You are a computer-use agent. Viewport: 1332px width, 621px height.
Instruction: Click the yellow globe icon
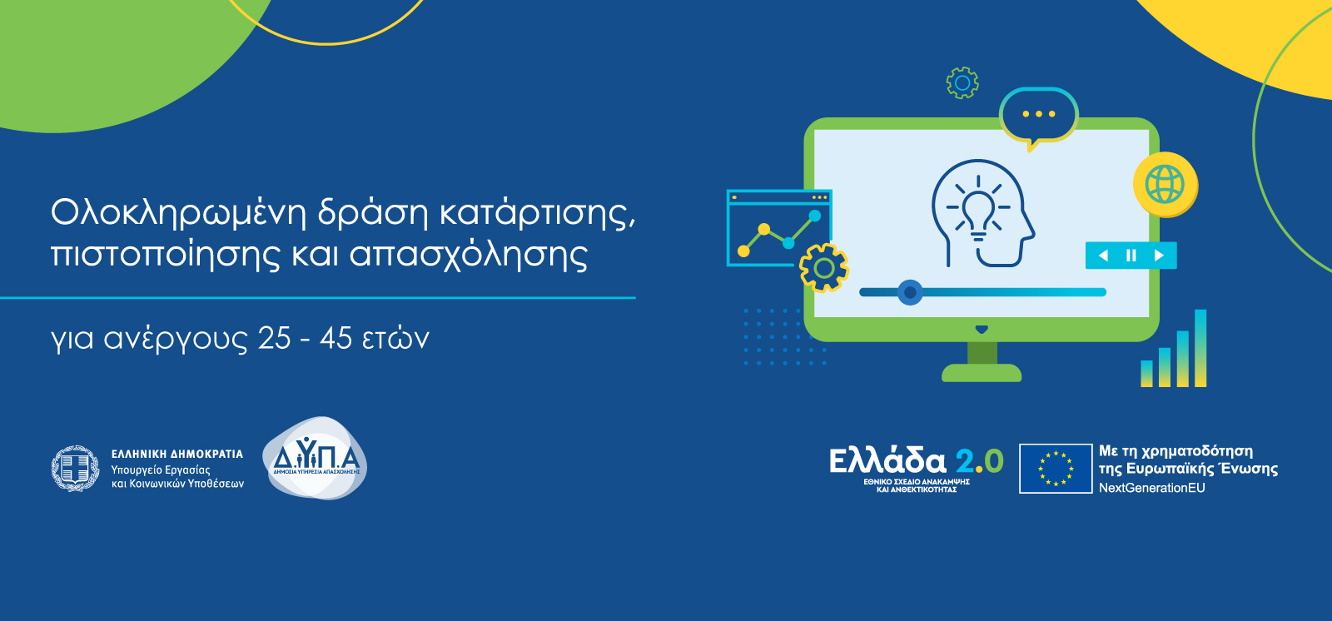[x=1165, y=185]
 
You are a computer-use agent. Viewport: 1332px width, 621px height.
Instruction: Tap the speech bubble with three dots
[x=1039, y=116]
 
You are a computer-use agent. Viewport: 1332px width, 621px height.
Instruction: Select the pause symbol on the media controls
[x=1131, y=256]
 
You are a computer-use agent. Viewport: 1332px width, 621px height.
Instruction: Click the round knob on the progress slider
[x=910, y=292]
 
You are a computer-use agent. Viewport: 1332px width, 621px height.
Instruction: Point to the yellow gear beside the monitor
[x=823, y=268]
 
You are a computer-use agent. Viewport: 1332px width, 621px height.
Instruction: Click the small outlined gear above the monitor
[x=962, y=82]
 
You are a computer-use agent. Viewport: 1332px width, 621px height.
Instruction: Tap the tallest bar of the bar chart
[x=1200, y=348]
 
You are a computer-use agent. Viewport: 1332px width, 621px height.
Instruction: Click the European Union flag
[x=1056, y=468]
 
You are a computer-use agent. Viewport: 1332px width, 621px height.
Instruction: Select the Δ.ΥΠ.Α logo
[x=315, y=458]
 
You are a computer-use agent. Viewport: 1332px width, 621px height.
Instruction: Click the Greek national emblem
[x=75, y=468]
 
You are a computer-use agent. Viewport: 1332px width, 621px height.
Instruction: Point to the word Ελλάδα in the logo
[x=887, y=460]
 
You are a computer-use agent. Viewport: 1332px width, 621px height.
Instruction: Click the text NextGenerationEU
[x=1152, y=488]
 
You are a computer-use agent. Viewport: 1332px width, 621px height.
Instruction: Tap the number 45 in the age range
[x=336, y=339]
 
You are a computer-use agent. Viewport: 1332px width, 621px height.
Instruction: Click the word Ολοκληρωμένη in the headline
[x=178, y=213]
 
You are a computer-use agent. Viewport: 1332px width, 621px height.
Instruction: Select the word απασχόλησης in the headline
[x=469, y=255]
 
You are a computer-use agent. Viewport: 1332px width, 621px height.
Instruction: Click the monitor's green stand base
[x=982, y=373]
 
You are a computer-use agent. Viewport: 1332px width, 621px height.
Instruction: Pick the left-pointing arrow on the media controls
[x=1103, y=256]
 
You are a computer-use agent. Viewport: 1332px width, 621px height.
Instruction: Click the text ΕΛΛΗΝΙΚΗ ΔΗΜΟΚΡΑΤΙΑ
[x=177, y=454]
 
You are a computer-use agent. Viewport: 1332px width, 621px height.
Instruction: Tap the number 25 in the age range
[x=275, y=339]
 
